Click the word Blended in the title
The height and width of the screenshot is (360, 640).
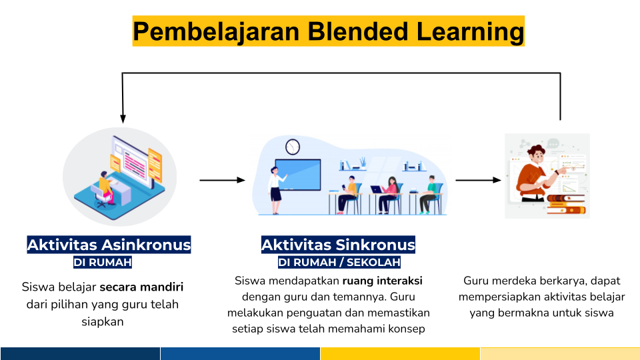pyautogui.click(x=357, y=31)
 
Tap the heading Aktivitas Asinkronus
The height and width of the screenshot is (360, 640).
pyautogui.click(x=109, y=245)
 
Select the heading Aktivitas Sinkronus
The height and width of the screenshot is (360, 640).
pyautogui.click(x=339, y=245)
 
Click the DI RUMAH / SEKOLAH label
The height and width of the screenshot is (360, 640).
pyautogui.click(x=339, y=262)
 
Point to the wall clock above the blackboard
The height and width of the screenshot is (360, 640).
pyautogui.click(x=293, y=147)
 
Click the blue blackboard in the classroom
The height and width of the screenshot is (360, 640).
pyautogui.click(x=298, y=175)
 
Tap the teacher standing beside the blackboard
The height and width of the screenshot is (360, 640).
pyautogui.click(x=276, y=190)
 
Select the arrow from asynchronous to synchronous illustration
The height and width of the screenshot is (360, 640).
pyautogui.click(x=223, y=180)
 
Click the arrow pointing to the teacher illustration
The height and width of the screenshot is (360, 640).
pyautogui.click(x=479, y=180)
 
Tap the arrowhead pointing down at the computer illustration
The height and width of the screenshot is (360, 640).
pyautogui.click(x=123, y=119)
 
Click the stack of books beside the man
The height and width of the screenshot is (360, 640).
pyautogui.click(x=566, y=204)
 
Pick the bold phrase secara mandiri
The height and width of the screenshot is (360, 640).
pyautogui.click(x=141, y=287)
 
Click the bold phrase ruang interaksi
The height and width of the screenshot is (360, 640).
pyautogui.click(x=383, y=281)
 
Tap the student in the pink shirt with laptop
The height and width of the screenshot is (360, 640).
pyautogui.click(x=389, y=195)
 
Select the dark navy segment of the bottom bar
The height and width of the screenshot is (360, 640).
pyautogui.click(x=80, y=353)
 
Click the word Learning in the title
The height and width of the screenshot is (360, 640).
pyautogui.click(x=470, y=31)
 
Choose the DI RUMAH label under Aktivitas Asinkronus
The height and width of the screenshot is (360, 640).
pyautogui.click(x=103, y=262)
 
